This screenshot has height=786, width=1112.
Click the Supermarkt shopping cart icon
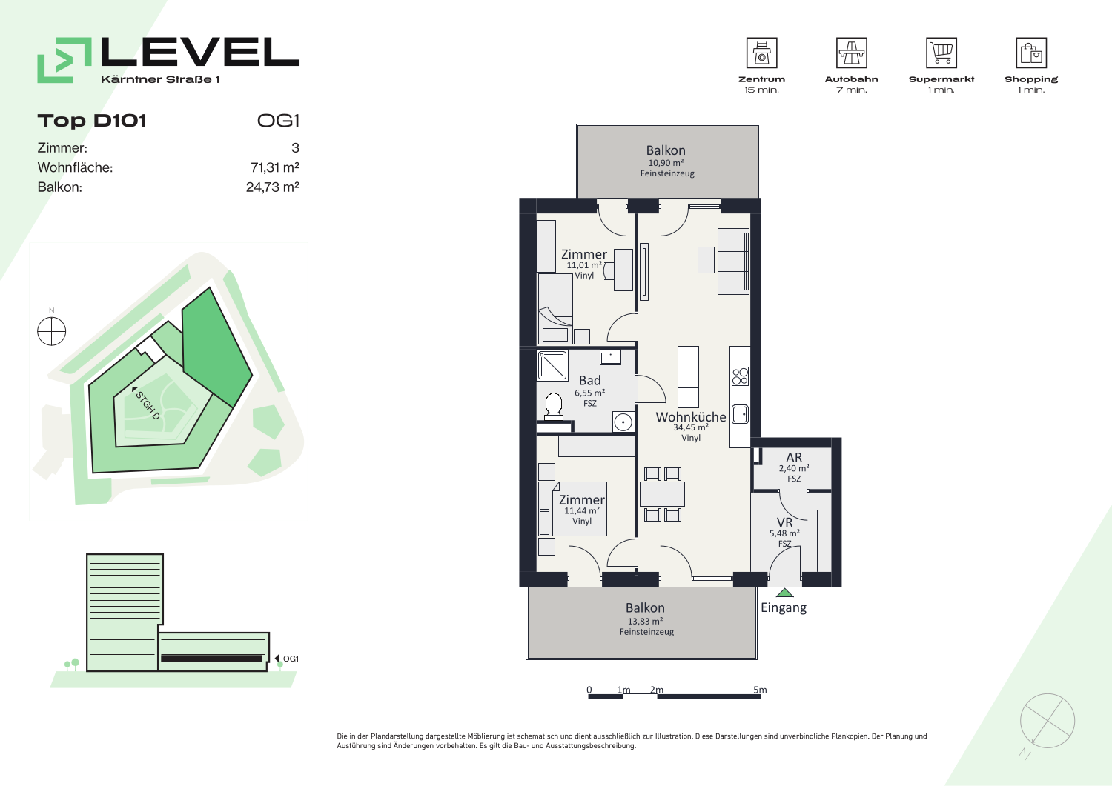point(941,53)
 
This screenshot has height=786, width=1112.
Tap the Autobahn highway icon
point(851,53)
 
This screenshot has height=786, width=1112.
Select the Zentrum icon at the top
point(761,53)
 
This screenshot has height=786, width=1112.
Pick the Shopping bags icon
point(1031,53)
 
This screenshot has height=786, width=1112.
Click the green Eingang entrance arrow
point(784,593)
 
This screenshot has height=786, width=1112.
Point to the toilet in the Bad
point(553,405)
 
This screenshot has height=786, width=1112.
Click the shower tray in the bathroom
point(552,366)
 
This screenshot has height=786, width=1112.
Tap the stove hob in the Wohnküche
point(740,376)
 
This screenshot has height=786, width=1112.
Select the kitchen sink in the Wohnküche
point(740,414)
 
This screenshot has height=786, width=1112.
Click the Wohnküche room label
point(690,417)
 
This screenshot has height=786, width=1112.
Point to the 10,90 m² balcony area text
point(666,163)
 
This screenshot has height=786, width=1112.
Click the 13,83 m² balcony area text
point(645,622)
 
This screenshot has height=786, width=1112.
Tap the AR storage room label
point(794,457)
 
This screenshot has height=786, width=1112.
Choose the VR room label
point(784,522)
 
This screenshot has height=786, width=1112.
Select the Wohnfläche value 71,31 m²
point(274,167)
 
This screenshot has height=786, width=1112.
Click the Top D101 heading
point(92,121)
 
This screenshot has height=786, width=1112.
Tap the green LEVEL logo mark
point(64,60)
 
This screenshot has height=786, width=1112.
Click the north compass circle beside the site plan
point(52,331)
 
